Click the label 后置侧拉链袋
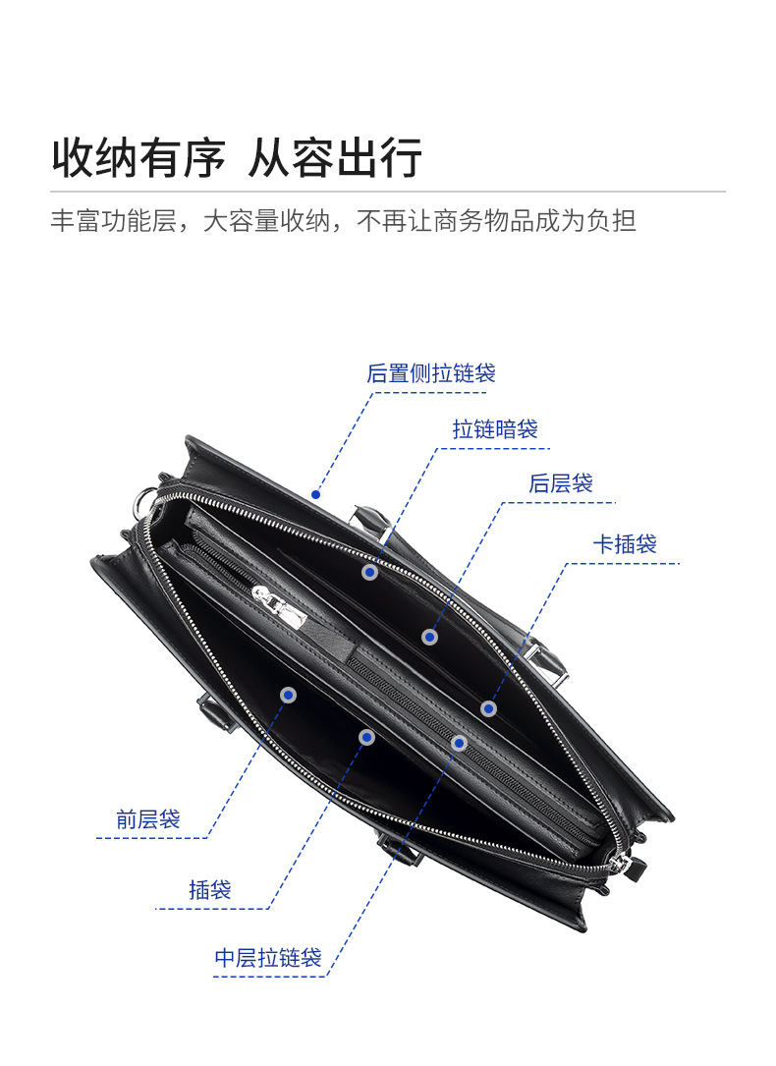point(431,373)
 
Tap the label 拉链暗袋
point(495,429)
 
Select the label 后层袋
point(561,483)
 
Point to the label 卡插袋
point(625,543)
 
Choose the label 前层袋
point(148,818)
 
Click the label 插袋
point(210,890)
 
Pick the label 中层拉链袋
point(268,958)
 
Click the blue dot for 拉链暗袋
point(369,572)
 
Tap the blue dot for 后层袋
point(429,637)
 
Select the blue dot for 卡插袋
point(488,708)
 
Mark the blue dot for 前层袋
point(288,695)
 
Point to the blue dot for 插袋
point(366,737)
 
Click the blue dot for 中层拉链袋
point(459,743)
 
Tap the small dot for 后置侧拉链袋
point(315,494)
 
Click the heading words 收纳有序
point(139,157)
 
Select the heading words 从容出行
point(335,157)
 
